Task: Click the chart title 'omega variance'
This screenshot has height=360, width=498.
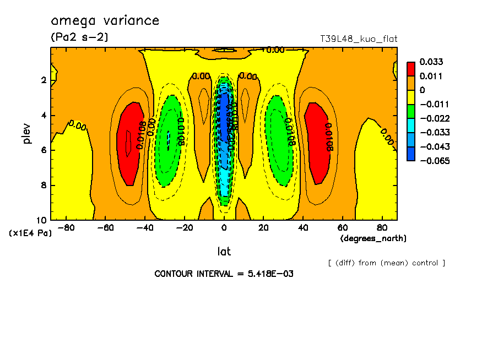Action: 105,21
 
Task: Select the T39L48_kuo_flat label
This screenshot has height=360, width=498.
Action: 359,39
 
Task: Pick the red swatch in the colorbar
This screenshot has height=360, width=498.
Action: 410,68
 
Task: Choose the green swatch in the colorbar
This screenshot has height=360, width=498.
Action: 410,111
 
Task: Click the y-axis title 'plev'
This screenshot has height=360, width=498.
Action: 28,133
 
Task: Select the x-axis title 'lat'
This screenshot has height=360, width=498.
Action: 224,252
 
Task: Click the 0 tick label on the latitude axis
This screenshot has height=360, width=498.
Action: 224,227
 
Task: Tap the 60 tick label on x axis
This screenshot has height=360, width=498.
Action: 342,227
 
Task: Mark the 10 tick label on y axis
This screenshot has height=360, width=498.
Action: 42,220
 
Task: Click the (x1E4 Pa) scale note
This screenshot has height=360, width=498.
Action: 30,233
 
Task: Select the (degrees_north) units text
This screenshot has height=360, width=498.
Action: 373,238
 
